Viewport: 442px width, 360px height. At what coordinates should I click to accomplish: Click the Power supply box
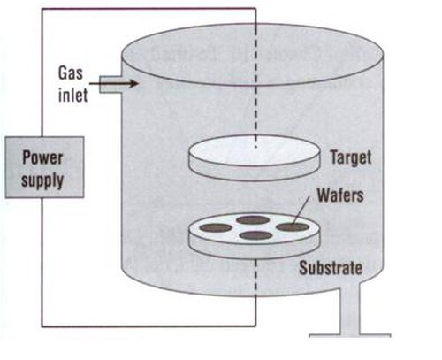44,167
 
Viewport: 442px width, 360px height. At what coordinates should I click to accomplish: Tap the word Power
42,157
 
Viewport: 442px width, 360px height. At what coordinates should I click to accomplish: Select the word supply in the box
42,180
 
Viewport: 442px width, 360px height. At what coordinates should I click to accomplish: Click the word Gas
71,73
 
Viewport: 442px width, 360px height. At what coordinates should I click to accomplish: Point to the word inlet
72,95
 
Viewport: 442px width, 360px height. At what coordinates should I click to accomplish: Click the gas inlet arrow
114,84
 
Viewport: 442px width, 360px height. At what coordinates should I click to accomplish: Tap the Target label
351,157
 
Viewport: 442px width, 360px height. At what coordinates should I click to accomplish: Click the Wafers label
340,195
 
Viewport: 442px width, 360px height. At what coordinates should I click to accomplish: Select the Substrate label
331,268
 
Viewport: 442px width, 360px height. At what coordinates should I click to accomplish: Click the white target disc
254,150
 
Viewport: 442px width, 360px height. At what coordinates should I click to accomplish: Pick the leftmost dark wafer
216,227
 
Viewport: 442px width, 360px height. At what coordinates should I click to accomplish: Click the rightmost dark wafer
293,226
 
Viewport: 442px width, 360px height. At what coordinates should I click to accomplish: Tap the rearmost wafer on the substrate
253,219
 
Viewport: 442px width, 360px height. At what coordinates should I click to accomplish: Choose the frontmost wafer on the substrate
255,235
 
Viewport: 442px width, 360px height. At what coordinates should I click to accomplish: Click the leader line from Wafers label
301,211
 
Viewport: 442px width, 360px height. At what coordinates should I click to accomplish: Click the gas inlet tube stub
110,85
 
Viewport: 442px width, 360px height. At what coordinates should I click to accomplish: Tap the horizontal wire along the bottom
149,326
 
